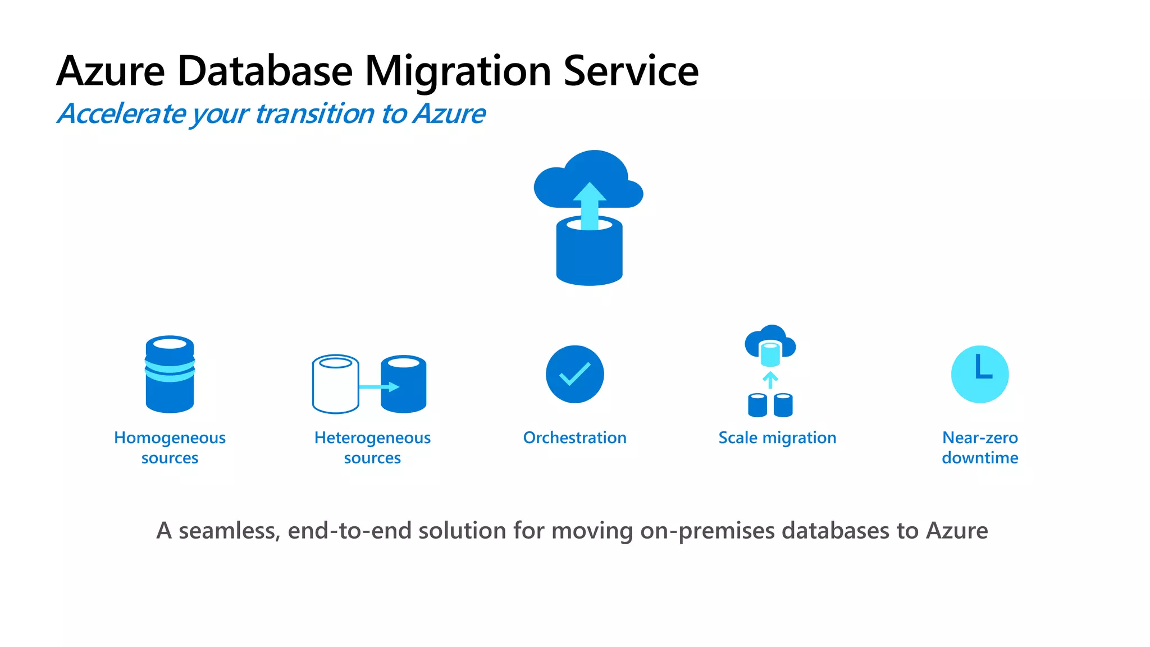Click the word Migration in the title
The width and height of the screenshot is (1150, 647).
pos(458,71)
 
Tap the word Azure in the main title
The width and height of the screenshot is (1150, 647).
pos(111,71)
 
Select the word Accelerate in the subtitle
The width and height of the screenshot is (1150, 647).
pos(122,114)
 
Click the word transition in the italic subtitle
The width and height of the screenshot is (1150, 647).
pos(314,114)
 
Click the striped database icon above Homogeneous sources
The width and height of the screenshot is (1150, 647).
pos(170,375)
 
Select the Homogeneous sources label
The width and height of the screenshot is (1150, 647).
pos(170,448)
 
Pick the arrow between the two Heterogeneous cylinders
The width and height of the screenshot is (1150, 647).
pos(380,387)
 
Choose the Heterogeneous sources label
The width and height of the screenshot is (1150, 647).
pos(372,448)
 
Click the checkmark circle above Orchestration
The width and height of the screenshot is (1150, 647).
pos(574,374)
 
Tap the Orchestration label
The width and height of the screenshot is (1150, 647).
pos(574,438)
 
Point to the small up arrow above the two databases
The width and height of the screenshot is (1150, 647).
pos(770,380)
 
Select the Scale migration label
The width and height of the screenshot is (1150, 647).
pos(777,438)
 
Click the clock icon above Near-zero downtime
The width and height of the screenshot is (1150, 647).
pos(980,374)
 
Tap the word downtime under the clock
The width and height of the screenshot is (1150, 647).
pos(980,458)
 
